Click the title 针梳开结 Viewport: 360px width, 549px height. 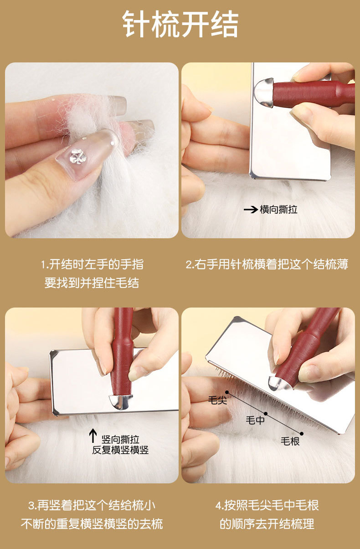click(x=180, y=24)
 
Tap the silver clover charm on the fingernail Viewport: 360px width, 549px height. click(x=78, y=156)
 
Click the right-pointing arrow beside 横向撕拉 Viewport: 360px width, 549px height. click(x=251, y=210)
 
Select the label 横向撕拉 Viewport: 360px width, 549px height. click(x=278, y=210)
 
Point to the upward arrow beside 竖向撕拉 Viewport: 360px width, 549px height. click(x=93, y=436)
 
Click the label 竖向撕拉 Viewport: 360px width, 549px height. click(x=120, y=439)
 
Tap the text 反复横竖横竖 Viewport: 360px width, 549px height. click(x=120, y=450)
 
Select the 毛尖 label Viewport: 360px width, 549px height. click(x=217, y=400)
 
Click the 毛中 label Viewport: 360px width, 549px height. click(x=255, y=420)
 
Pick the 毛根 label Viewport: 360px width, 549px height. click(x=290, y=441)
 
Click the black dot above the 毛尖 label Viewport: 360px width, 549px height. click(x=227, y=392)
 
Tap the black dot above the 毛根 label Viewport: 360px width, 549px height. click(x=302, y=434)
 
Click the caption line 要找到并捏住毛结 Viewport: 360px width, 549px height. click(x=92, y=283)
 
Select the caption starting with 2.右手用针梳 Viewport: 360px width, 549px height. click(x=267, y=264)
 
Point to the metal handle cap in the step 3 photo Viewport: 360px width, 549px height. click(x=121, y=401)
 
